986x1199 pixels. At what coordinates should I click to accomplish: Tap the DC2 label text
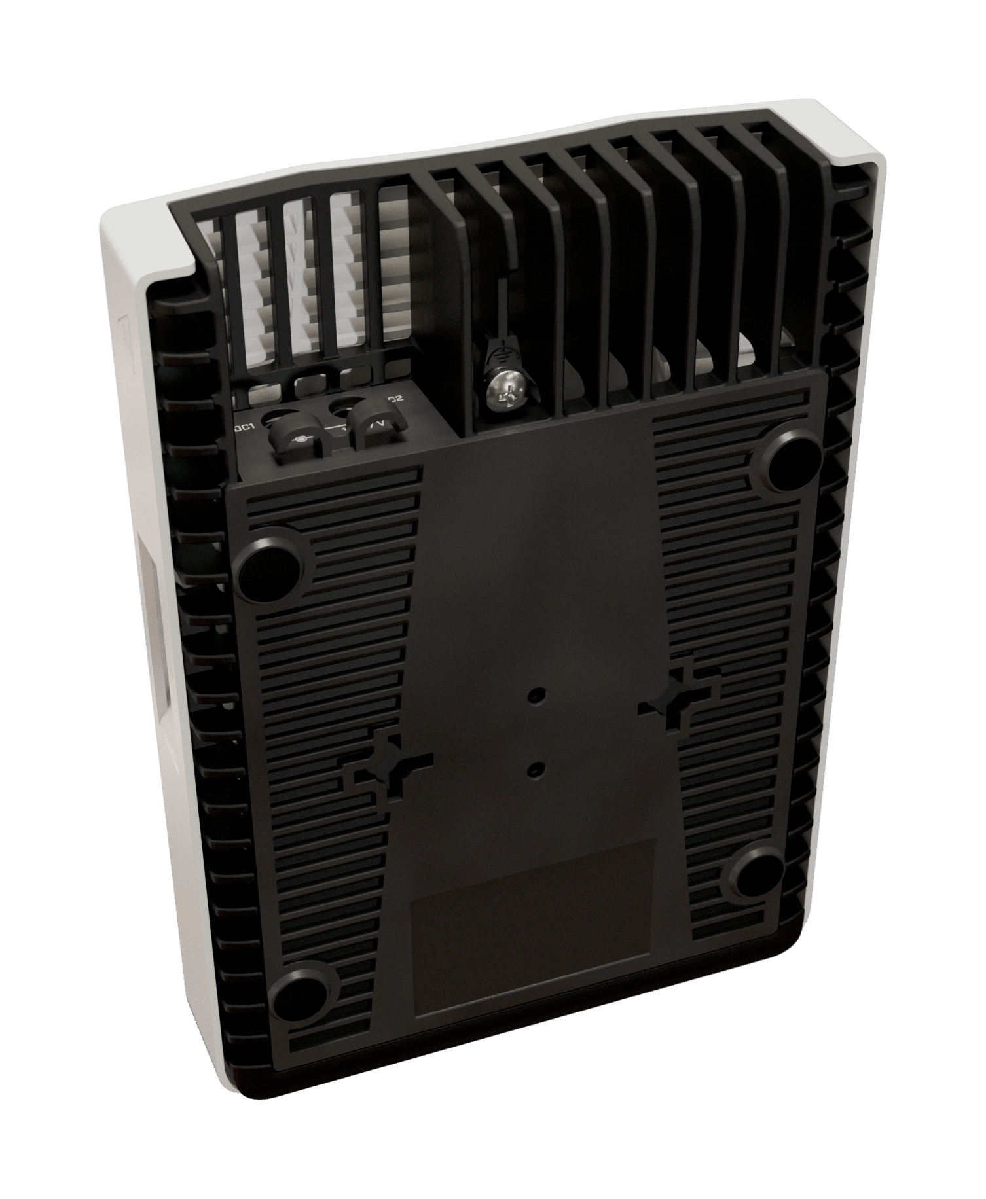395,399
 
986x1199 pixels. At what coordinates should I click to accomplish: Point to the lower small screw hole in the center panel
537,770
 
